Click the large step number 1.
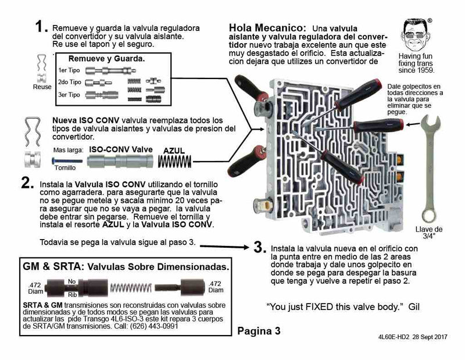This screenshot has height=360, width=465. (x=40, y=27)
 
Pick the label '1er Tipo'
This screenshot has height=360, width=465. (x=70, y=70)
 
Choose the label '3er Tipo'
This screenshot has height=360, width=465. (x=70, y=94)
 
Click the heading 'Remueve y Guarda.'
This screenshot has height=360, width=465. (x=107, y=59)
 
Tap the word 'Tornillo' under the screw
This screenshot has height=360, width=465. (x=64, y=166)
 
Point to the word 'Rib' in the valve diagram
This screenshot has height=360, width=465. (x=71, y=294)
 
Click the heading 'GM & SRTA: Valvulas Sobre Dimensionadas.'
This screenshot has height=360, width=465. (x=125, y=266)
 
